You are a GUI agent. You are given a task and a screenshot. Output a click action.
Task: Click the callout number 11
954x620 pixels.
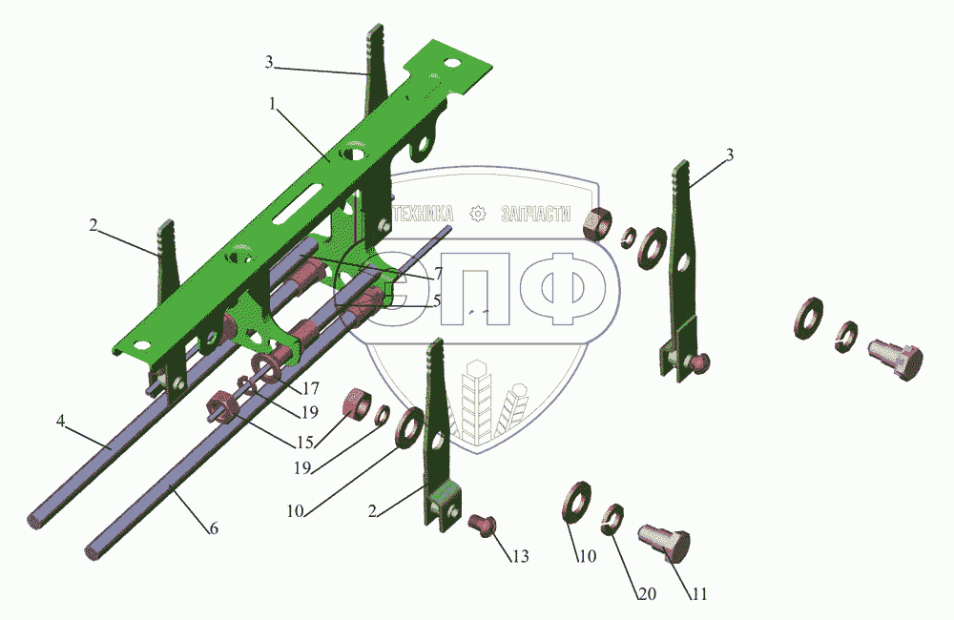click(x=699, y=593)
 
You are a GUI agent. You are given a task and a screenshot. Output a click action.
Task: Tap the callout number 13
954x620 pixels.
click(x=520, y=556)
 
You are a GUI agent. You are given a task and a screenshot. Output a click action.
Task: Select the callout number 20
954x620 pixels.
click(x=647, y=593)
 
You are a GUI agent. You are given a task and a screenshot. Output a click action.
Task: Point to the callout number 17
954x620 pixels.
click(x=310, y=388)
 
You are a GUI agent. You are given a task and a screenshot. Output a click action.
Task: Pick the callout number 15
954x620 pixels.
click(x=304, y=443)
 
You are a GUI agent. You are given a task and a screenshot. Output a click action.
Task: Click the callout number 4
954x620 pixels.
click(x=60, y=421)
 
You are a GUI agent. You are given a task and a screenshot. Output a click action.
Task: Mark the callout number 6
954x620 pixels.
click(x=214, y=528)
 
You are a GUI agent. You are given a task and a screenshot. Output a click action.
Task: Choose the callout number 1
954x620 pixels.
click(x=273, y=104)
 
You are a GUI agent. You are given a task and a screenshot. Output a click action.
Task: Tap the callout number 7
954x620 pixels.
click(x=438, y=274)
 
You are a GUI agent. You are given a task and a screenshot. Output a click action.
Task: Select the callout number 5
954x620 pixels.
click(x=437, y=300)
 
